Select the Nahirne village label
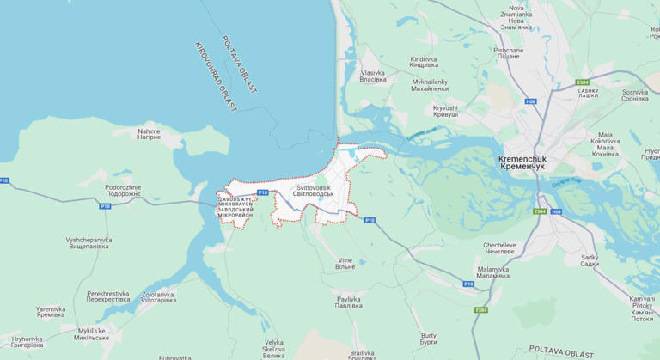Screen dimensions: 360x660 [149, 134]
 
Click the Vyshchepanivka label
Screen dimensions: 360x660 [89, 243]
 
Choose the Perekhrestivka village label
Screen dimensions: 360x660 [107, 296]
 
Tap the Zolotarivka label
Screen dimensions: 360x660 [157, 296]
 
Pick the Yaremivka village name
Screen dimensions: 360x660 [50, 312]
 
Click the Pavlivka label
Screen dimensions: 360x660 [348, 302]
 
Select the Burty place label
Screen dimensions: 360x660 [429, 339]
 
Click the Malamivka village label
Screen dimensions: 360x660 [493, 272]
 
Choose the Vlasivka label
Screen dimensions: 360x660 [373, 76]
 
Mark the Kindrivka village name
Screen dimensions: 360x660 [424, 62]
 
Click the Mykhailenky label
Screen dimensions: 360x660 [430, 85]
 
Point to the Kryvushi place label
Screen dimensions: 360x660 [445, 111]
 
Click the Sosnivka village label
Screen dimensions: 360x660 [635, 95]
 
